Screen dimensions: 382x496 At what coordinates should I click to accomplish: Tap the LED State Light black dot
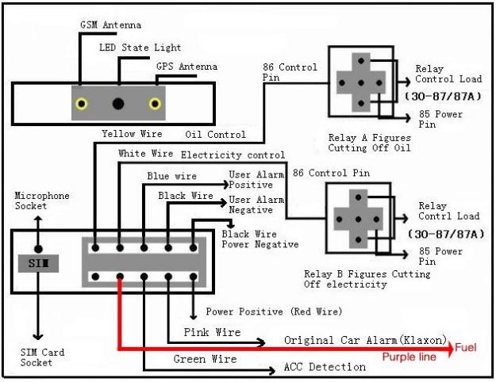click(119, 103)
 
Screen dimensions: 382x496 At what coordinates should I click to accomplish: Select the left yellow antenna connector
click(82, 103)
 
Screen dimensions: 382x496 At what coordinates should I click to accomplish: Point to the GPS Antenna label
click(187, 67)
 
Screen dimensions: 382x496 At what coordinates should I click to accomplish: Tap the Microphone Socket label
click(42, 201)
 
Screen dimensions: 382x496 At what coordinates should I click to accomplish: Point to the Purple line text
click(409, 357)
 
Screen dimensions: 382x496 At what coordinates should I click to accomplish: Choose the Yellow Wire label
click(132, 134)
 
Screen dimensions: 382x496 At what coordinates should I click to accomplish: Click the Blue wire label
click(171, 176)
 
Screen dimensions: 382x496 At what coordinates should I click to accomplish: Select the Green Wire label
click(205, 359)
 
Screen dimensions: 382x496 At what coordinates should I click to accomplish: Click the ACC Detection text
click(325, 367)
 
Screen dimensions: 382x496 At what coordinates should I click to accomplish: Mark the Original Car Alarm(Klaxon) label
click(365, 340)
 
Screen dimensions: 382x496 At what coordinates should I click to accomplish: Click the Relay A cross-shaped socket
click(361, 82)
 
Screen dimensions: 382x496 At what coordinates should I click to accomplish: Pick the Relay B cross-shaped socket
click(360, 220)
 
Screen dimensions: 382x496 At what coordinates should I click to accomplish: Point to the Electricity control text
click(233, 155)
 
